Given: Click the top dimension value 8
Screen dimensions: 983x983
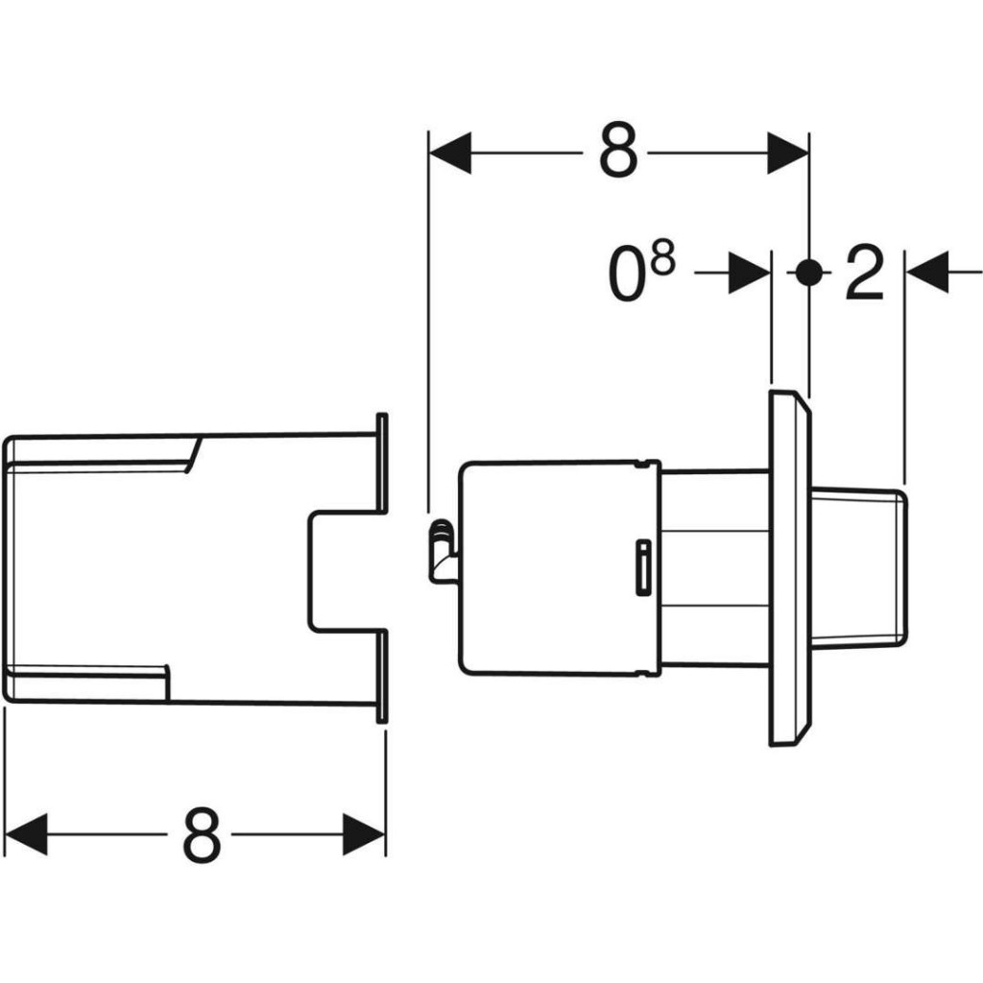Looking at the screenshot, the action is point(618,151).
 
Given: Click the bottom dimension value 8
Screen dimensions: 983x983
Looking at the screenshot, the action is point(202,834).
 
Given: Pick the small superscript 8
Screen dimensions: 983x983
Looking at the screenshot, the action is point(663,258).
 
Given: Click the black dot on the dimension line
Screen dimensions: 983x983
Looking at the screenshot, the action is point(809,273).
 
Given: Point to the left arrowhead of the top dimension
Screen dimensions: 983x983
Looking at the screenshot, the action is point(450,153).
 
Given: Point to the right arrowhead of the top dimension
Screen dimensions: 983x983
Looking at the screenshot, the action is point(788,153).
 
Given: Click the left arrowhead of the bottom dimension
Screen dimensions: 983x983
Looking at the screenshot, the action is point(26,834).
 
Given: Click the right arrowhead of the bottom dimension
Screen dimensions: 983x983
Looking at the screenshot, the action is point(364,834).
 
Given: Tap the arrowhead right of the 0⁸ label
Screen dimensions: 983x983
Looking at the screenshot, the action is point(749,273).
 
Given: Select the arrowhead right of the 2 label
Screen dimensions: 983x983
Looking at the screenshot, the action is point(927,273).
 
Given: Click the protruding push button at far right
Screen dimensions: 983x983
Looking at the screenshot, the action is point(858,566).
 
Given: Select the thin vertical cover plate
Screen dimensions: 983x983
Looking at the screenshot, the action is point(790,568).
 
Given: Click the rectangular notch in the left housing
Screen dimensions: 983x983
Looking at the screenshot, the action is point(345,571).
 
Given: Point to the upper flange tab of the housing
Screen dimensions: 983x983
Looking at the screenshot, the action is point(382,464).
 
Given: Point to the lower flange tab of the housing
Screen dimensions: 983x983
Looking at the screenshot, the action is point(382,677).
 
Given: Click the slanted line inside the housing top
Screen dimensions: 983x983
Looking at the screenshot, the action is point(193,455).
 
